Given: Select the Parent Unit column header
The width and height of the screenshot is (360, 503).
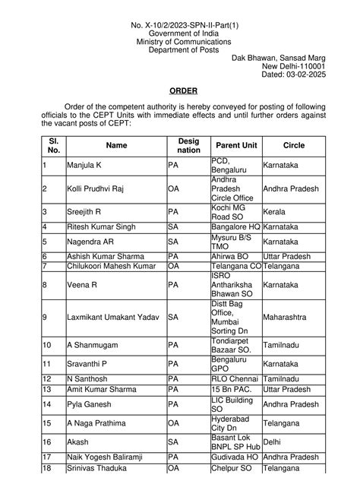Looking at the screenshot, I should pyautogui.click(x=235, y=145).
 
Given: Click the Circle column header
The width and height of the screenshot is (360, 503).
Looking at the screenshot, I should pyautogui.click(x=293, y=145).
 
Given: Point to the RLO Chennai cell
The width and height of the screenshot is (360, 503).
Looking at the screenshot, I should pyautogui.click(x=234, y=378).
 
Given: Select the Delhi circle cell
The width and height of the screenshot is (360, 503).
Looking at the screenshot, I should pyautogui.click(x=273, y=441).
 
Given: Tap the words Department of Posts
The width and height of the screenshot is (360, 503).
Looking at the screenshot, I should pyautogui.click(x=180, y=49).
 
